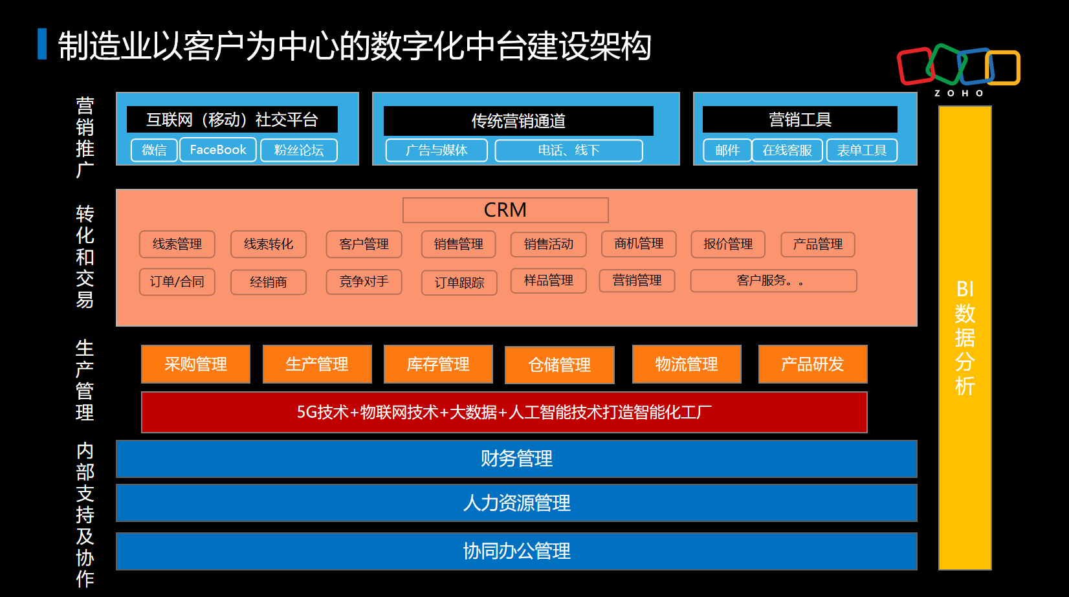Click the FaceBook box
218,150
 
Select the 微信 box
154,150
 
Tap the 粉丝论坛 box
299,150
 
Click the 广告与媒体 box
437,150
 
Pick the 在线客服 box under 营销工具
787,150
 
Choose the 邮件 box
727,150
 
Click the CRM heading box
505,210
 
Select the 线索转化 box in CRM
269,244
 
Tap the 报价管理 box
728,244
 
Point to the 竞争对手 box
364,281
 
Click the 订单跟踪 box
459,283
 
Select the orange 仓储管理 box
560,365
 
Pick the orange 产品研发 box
813,364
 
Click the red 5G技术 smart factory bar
504,412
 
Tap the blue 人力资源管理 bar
516,503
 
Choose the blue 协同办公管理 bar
516,551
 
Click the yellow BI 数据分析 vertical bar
965,337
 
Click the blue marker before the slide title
42,44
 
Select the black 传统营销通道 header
518,121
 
